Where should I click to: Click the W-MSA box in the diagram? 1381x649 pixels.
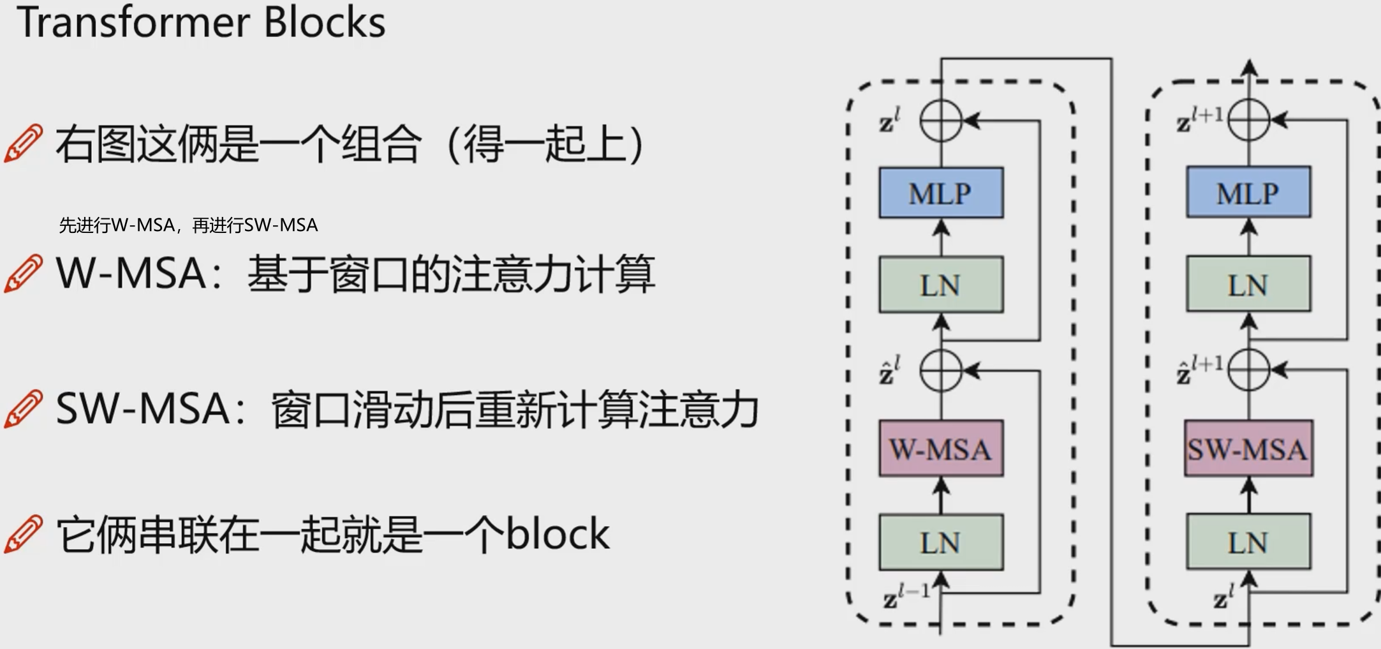click(x=941, y=449)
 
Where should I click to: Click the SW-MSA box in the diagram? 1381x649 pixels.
click(x=1248, y=449)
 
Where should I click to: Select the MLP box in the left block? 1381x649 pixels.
click(x=941, y=193)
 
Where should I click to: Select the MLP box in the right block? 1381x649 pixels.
click(x=1248, y=192)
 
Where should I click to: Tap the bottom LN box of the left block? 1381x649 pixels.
click(x=941, y=542)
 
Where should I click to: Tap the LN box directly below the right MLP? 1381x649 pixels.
click(x=1248, y=284)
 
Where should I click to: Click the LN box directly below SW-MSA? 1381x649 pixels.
click(x=1248, y=542)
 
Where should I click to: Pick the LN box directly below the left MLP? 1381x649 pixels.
click(x=941, y=285)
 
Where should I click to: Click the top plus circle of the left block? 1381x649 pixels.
click(x=941, y=120)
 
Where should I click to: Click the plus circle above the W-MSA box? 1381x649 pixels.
click(x=941, y=370)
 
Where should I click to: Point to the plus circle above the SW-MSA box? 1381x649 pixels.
click(x=1248, y=369)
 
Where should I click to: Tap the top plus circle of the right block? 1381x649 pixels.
click(x=1248, y=119)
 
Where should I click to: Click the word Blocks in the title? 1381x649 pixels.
click(x=324, y=22)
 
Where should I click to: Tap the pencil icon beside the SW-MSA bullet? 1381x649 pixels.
click(x=24, y=408)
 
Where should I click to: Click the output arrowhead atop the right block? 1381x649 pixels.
click(x=1249, y=67)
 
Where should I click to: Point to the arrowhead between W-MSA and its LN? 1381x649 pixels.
click(x=942, y=487)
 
